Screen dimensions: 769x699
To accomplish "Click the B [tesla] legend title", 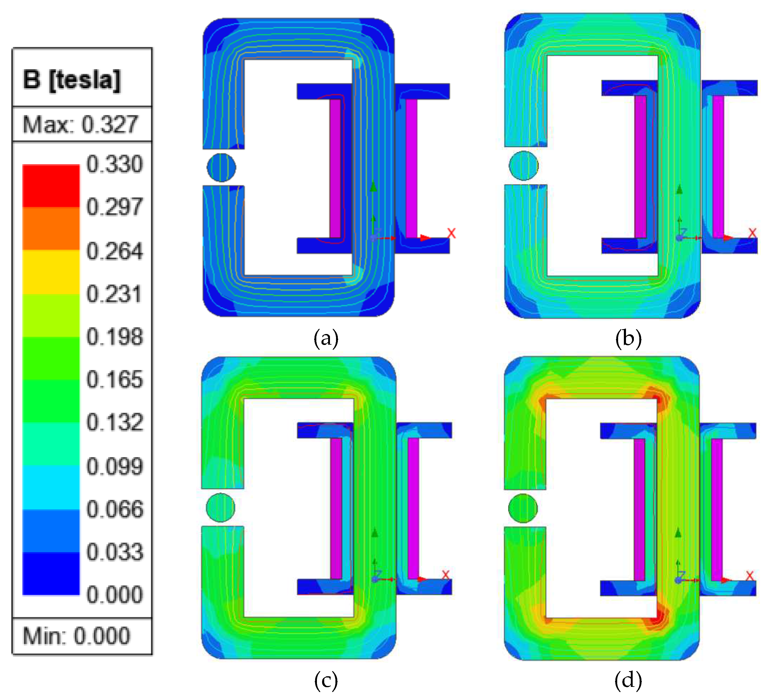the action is coord(72,80).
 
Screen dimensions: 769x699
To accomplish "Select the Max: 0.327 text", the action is coord(80,124).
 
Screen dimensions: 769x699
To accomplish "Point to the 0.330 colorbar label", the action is coord(115,164).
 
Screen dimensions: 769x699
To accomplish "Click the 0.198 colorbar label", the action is coord(115,337).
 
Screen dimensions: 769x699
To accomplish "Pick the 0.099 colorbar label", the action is coord(115,466).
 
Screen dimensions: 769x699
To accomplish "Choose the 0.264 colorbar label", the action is coord(115,251).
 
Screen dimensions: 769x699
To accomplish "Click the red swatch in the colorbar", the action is coord(51,186).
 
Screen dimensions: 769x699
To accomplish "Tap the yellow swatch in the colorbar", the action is coord(51,272).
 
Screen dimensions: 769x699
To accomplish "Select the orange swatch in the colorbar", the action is coord(51,229).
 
